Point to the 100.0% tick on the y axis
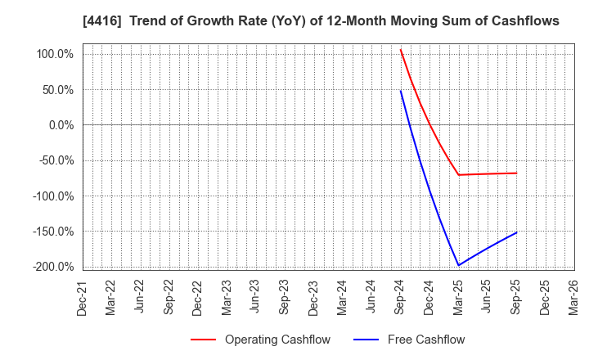click(56, 54)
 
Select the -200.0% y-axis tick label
click(54, 267)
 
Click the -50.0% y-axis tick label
click(57, 160)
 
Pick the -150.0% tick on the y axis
click(54, 232)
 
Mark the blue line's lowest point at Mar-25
click(458, 265)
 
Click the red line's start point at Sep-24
click(401, 49)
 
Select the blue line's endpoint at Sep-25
click(516, 232)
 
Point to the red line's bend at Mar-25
click(458, 174)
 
